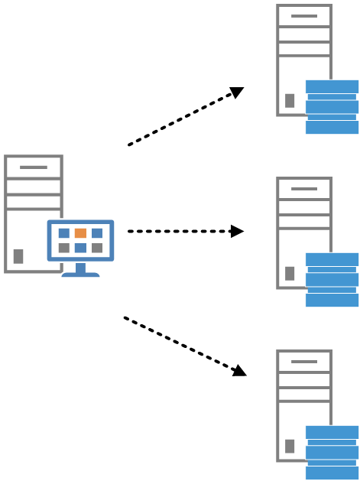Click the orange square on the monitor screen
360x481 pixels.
[x=80, y=232]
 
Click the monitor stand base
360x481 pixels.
[x=80, y=274]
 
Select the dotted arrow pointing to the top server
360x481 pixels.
[x=183, y=118]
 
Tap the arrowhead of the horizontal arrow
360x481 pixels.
[x=237, y=231]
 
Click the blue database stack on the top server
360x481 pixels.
[x=332, y=106]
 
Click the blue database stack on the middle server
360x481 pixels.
[x=332, y=279]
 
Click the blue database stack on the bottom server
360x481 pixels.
[x=332, y=452]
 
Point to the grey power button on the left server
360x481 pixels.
[x=18, y=256]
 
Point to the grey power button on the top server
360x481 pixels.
[x=290, y=100]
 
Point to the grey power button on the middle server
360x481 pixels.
[x=290, y=273]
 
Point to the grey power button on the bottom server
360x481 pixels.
[x=290, y=446]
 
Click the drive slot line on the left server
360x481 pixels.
[x=34, y=167]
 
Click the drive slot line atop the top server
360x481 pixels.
[x=304, y=15]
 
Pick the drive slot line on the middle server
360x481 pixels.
[x=304, y=188]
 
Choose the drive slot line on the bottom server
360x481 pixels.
[x=304, y=361]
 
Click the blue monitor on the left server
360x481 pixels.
[x=80, y=240]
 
